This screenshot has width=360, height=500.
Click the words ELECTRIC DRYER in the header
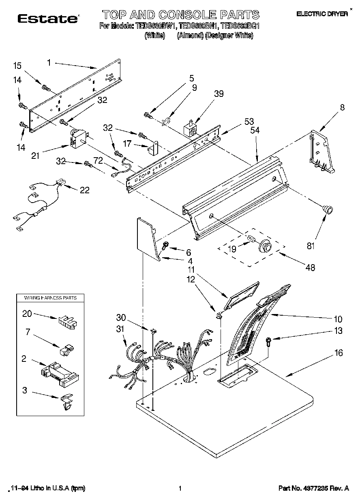tap(322, 14)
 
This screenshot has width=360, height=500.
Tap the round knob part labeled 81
tap(327, 209)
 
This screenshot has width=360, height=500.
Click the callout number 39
tap(219, 94)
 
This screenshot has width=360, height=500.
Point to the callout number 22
tap(84, 190)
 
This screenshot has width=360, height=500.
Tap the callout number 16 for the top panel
tap(338, 353)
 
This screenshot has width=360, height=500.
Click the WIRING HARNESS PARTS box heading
tap(50, 298)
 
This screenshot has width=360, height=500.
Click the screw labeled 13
tap(268, 341)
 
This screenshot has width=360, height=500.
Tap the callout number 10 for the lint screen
tap(337, 319)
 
